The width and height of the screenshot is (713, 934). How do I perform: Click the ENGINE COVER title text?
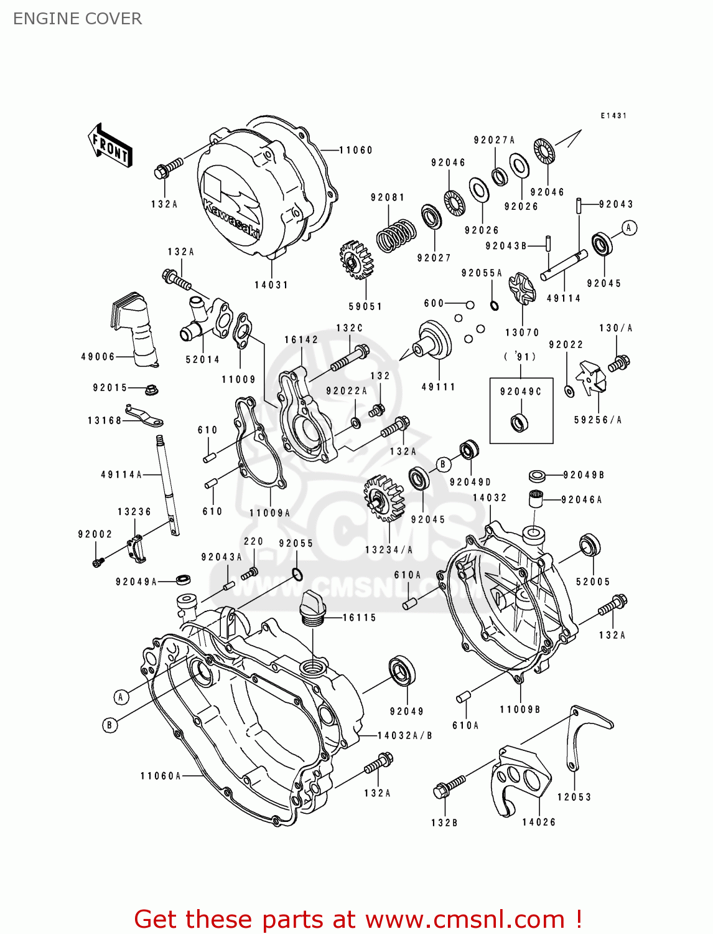pos(77,19)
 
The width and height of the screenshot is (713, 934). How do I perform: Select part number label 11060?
pos(355,150)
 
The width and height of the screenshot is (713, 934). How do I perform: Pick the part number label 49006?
pos(98,357)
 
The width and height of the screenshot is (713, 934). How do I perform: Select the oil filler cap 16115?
pos(312,608)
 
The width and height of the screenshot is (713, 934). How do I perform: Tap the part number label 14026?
pos(539,822)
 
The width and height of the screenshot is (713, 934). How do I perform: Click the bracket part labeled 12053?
pos(585,735)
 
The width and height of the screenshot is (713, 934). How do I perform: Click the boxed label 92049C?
pos(521,392)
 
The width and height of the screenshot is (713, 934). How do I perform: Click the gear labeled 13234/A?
pos(382,499)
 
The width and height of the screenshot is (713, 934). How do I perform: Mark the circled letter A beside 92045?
pos(629,228)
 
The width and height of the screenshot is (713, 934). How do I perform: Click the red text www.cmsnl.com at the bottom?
pos(464,920)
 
